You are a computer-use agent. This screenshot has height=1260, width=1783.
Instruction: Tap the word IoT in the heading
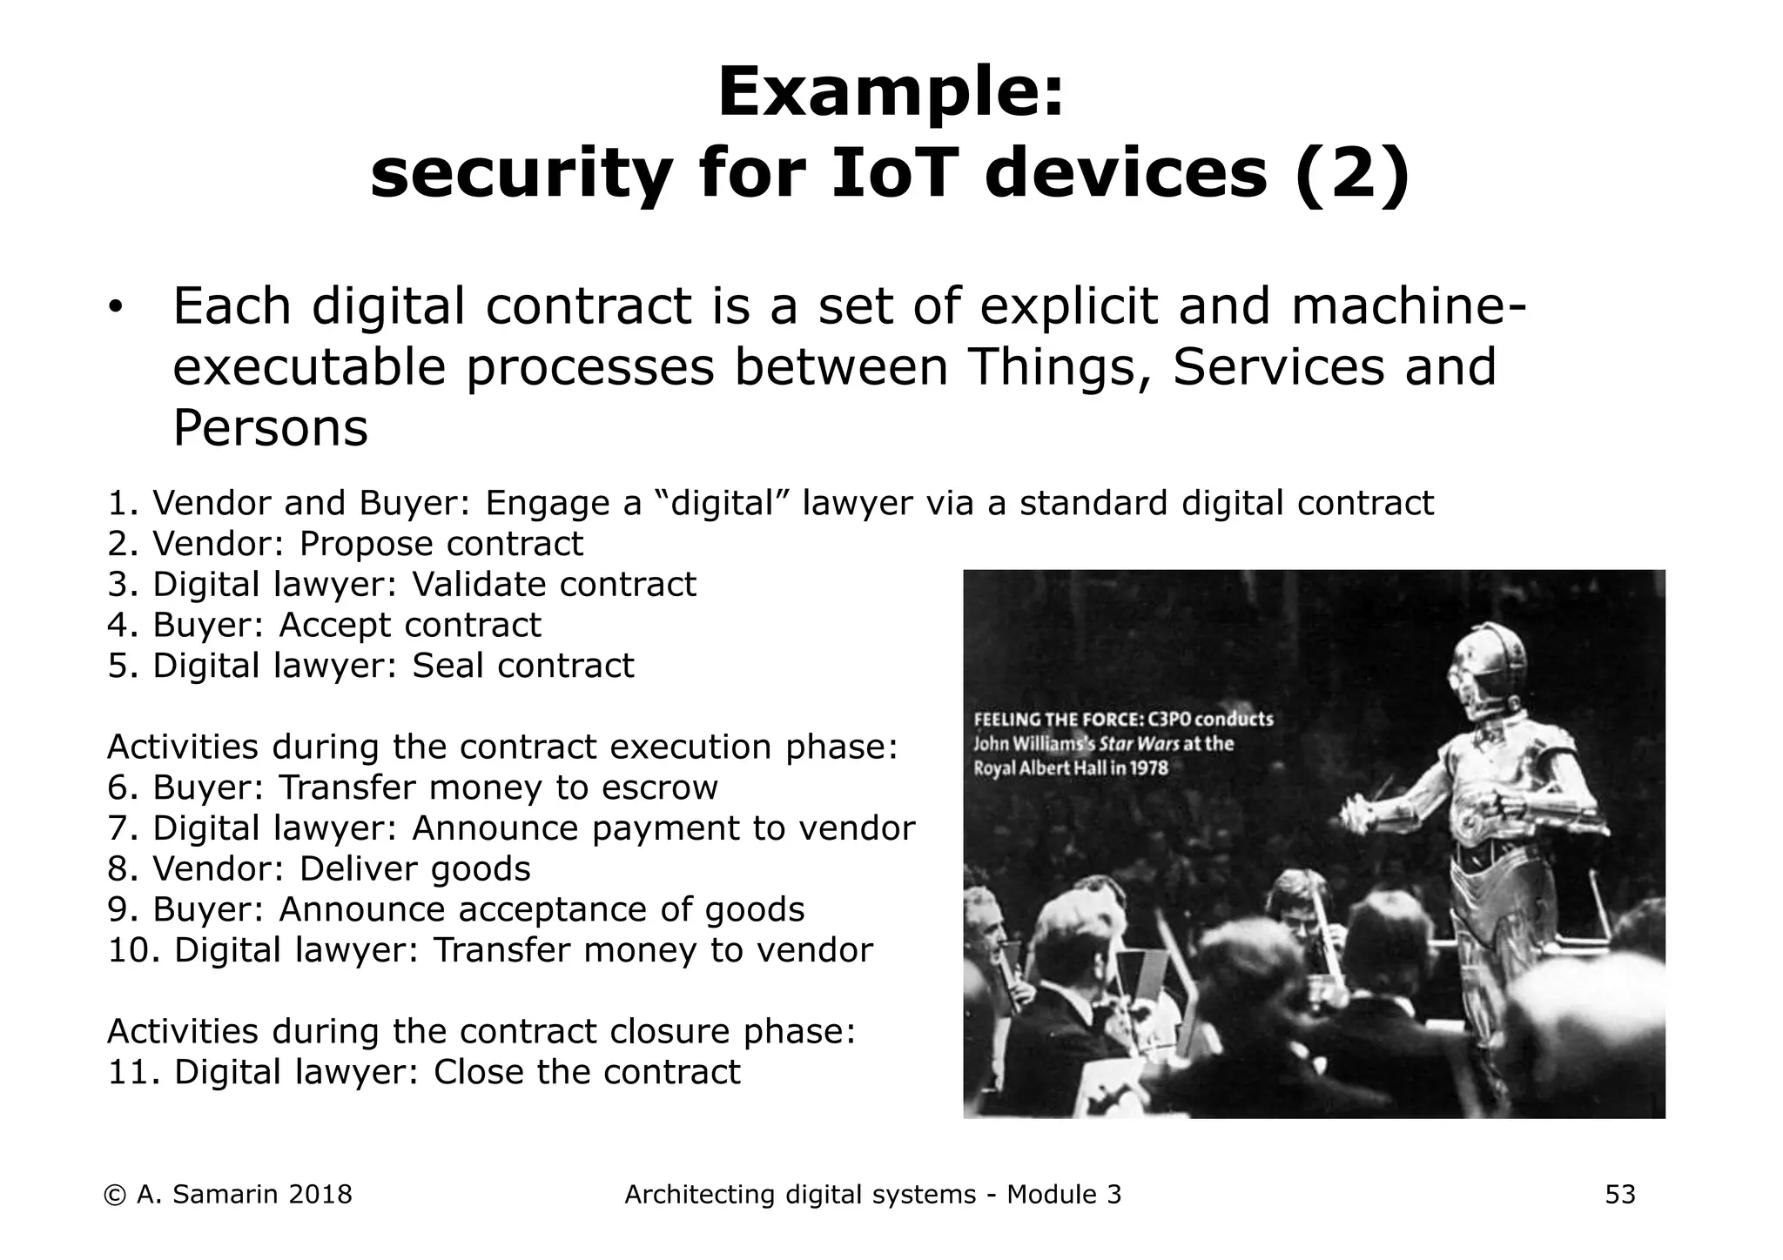click(x=895, y=174)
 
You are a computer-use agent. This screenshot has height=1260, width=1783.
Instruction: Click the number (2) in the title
click(x=1351, y=174)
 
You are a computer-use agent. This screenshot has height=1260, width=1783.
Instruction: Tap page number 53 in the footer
click(x=1619, y=1195)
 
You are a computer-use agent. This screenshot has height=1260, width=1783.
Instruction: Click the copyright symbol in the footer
click(x=114, y=1195)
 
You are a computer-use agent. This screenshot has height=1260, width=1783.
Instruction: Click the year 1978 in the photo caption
click(x=1143, y=768)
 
